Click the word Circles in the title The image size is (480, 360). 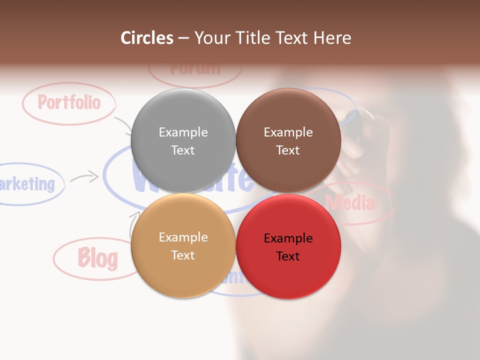146,38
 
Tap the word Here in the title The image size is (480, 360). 333,38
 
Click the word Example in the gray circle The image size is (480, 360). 183,132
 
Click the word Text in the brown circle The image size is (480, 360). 288,150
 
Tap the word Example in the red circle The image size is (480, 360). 288,238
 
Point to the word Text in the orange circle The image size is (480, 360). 183,255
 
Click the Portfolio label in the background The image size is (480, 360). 69,102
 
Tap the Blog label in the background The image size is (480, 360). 97,258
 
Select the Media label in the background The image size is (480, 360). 350,203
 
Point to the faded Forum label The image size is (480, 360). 195,68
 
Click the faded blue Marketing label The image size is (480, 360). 27,184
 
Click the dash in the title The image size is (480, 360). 183,38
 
